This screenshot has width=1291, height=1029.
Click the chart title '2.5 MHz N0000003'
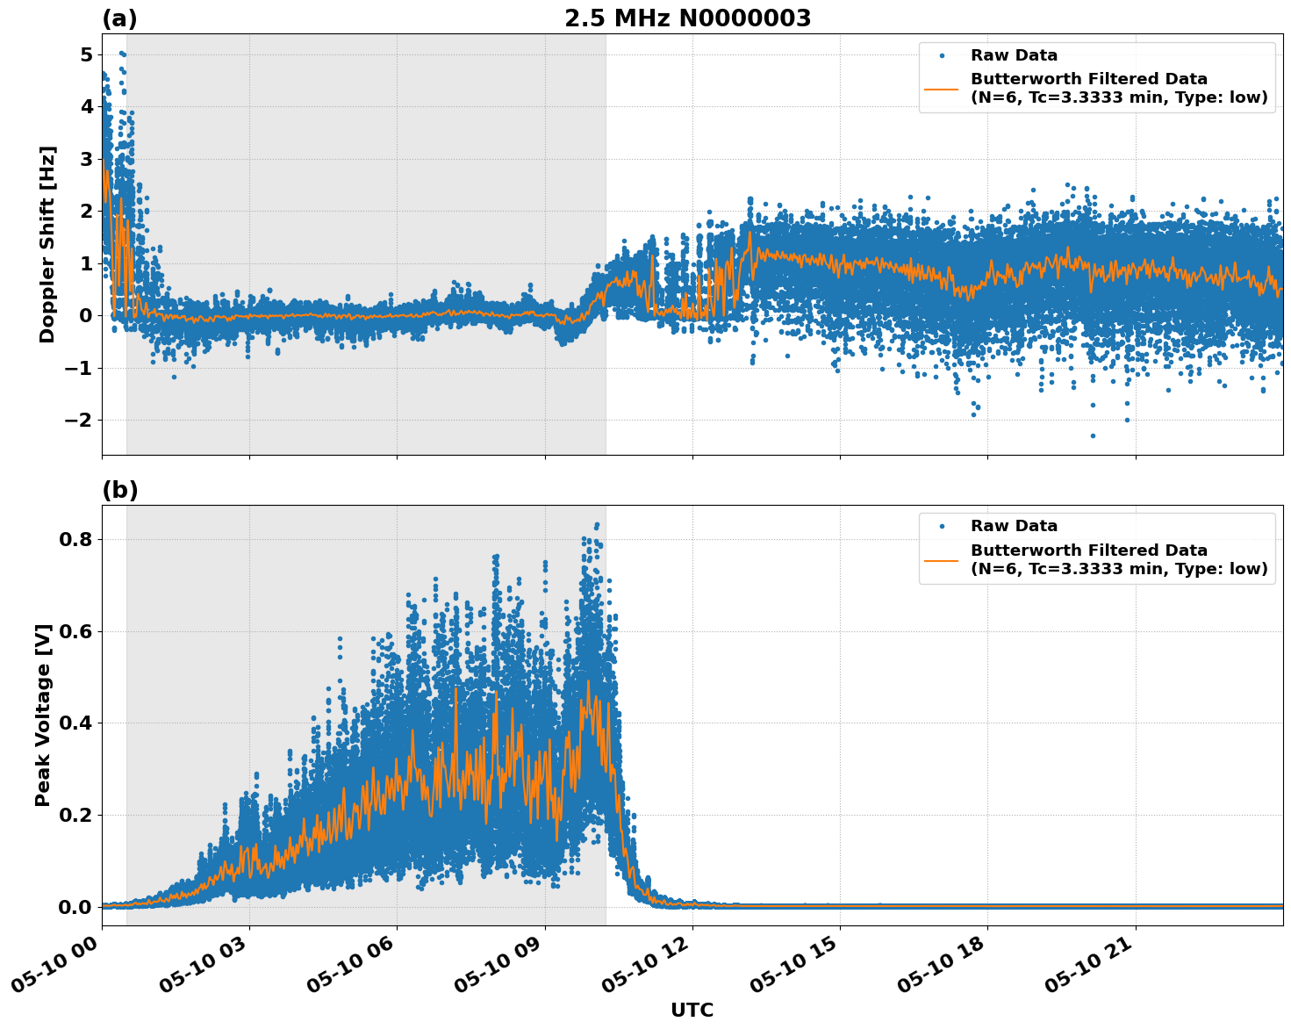(x=687, y=18)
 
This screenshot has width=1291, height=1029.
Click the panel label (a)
(x=119, y=18)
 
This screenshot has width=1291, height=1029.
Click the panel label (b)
(x=120, y=490)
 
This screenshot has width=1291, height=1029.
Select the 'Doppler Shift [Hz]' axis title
(x=47, y=244)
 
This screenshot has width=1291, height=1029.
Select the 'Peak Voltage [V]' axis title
(x=43, y=715)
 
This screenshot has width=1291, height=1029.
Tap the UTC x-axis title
(x=692, y=1010)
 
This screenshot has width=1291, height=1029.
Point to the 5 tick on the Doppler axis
(x=86, y=54)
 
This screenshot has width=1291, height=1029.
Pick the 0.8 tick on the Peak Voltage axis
(x=75, y=539)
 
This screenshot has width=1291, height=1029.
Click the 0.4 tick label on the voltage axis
(x=75, y=723)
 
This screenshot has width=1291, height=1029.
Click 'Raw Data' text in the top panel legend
(x=1014, y=55)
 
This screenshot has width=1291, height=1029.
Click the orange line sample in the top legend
(x=942, y=89)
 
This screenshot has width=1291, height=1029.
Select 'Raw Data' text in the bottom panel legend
(x=1014, y=526)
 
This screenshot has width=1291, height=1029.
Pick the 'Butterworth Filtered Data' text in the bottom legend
(x=1088, y=550)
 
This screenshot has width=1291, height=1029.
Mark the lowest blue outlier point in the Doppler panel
(x=1093, y=435)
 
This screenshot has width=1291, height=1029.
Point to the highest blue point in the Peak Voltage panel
(x=598, y=525)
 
